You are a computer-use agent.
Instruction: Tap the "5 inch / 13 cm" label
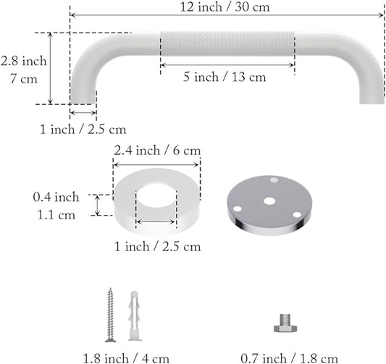pyautogui.click(x=227, y=75)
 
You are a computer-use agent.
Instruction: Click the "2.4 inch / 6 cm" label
pyautogui.click(x=156, y=151)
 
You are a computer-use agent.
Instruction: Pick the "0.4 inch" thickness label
pyautogui.click(x=56, y=196)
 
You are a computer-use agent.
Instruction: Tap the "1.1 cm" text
pyautogui.click(x=56, y=214)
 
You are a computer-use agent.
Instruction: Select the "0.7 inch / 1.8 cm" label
pyautogui.click(x=289, y=357)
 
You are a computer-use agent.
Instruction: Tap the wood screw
pyautogui.click(x=111, y=316)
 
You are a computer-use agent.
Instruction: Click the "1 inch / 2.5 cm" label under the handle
pyautogui.click(x=83, y=130)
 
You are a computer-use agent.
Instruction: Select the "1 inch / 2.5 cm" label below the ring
pyautogui.click(x=156, y=247)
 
